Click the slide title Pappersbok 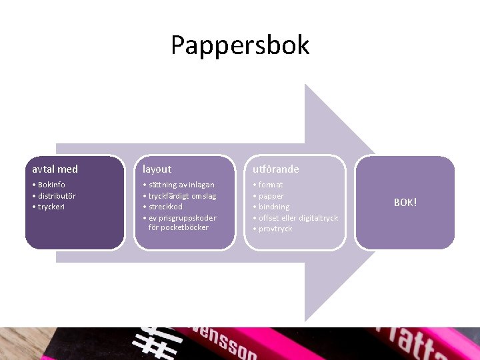(240, 45)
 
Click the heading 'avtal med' (55, 169)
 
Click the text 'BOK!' (405, 202)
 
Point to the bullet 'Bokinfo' (51, 185)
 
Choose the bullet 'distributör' (57, 196)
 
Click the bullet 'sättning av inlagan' (181, 185)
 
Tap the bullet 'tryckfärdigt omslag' (182, 196)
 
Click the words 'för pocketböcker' (179, 227)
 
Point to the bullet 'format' (270, 185)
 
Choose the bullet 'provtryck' (275, 229)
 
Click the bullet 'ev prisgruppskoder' (182, 218)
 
